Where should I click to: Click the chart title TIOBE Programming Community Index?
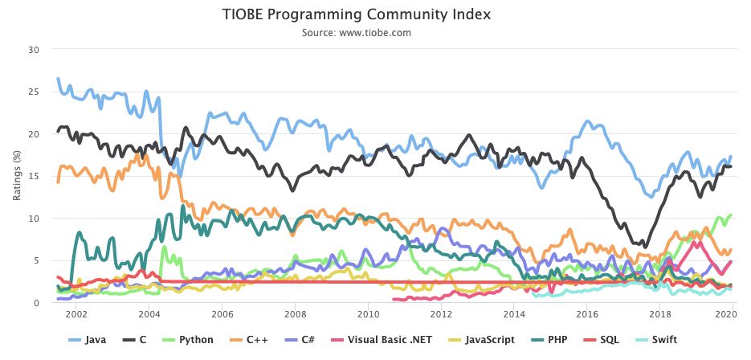(357, 14)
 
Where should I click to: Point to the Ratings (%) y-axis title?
(17, 175)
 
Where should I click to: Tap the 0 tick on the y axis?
(35, 302)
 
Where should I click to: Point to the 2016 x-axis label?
(586, 314)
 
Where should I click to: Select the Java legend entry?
(88, 340)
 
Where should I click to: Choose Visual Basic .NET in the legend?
(382, 340)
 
